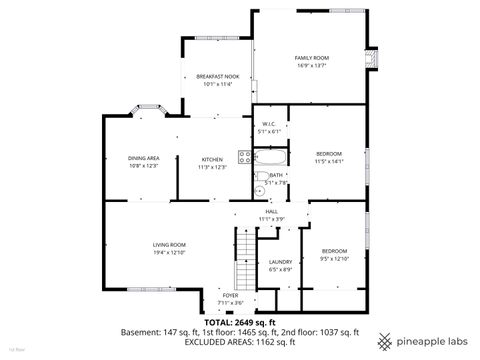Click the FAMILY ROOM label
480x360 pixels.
[x=311, y=59]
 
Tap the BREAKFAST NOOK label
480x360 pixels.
[x=216, y=77]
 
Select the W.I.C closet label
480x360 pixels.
[x=269, y=124]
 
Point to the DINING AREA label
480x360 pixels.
[x=144, y=159]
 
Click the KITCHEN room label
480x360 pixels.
[x=213, y=160]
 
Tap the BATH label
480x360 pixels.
[x=275, y=175]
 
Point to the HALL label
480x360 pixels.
[x=271, y=211]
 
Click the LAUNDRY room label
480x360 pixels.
[x=279, y=262]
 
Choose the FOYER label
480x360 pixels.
[x=231, y=296]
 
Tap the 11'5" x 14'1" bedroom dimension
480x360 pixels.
[x=329, y=161]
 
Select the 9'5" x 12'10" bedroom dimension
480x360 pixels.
[x=334, y=257]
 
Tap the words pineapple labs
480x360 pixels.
[x=431, y=337]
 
